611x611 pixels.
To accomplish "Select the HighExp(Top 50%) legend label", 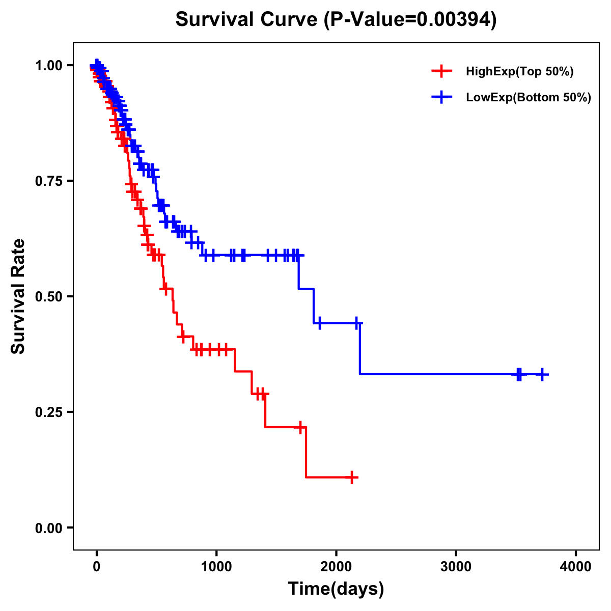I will tap(520, 72).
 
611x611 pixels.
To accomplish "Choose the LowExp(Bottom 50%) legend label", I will tap(529, 97).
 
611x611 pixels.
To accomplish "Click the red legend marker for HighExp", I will tap(441, 71).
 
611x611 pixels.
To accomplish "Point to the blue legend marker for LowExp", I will tap(441, 97).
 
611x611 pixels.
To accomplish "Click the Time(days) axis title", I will tap(336, 589).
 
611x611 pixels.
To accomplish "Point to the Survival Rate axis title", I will tap(18, 296).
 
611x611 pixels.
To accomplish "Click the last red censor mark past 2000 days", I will tap(352, 478).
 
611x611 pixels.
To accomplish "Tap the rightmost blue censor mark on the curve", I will tap(543, 374).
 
